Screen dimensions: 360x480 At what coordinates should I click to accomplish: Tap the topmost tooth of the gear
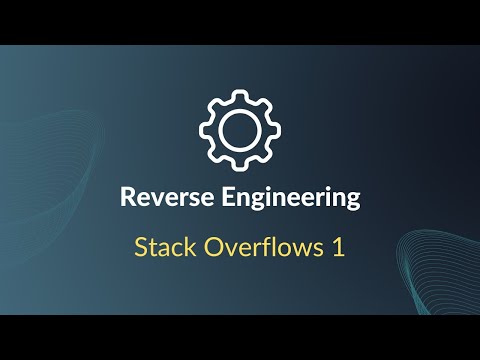pos(240,94)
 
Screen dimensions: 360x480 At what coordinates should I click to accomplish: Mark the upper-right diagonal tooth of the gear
pos(264,104)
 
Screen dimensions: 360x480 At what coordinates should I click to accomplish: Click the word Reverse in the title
pos(160,197)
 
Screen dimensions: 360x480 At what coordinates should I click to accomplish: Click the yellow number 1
pos(338,248)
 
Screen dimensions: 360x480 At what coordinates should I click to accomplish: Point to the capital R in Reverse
pos(127,197)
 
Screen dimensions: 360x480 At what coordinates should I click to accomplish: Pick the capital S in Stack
pos(140,248)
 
